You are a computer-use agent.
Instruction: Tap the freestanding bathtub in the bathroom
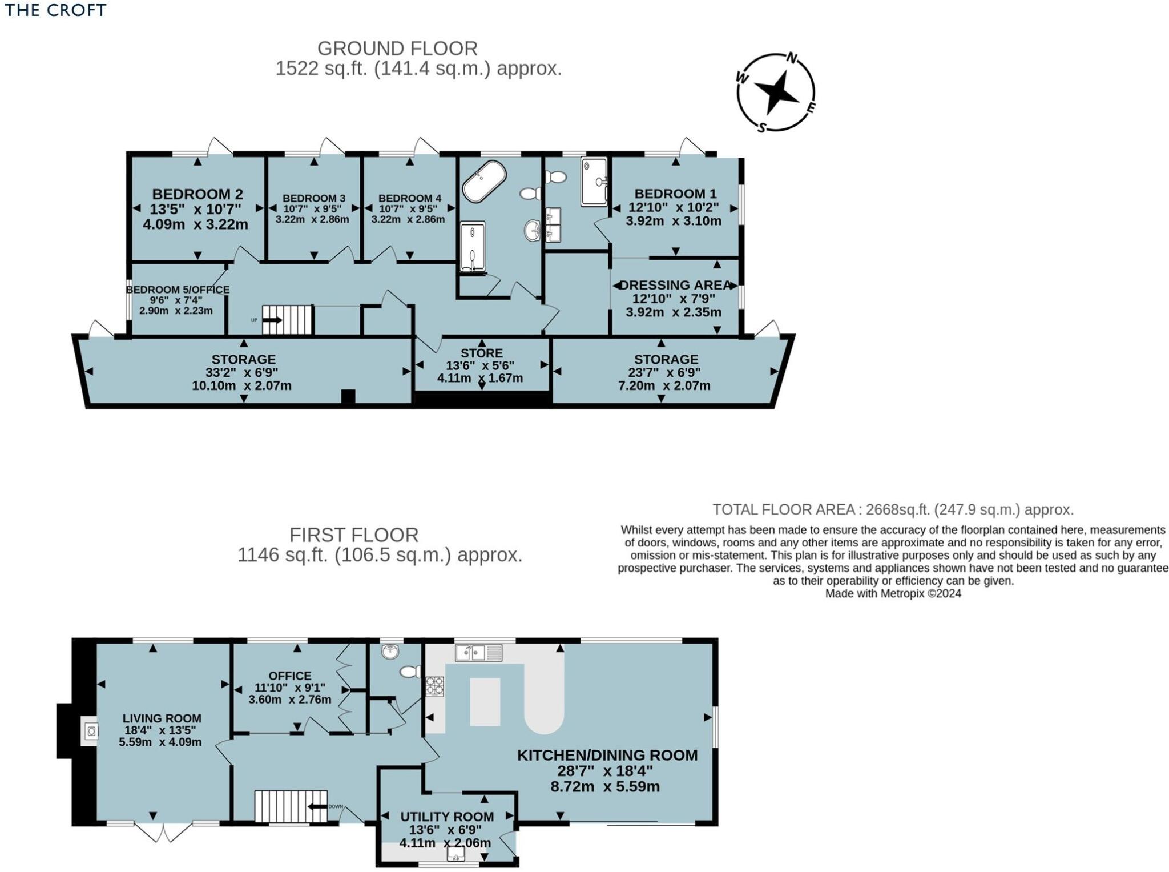[484, 181]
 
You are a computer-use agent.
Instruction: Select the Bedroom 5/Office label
[178, 290]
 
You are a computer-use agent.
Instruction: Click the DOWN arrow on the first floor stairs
[319, 806]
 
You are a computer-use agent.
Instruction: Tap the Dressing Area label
[675, 285]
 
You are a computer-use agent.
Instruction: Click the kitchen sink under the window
[479, 652]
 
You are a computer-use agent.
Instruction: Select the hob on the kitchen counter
[434, 686]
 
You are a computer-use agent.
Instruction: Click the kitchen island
[485, 701]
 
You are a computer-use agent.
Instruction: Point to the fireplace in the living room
[90, 730]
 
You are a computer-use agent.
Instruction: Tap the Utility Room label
[447, 817]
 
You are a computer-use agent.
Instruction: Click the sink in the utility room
[455, 853]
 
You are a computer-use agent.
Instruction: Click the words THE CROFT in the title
[55, 10]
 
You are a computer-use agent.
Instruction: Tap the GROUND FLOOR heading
[397, 48]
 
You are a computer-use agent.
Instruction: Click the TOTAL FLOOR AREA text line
[893, 509]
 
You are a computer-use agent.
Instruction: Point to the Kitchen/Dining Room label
[607, 755]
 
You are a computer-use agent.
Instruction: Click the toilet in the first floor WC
[410, 672]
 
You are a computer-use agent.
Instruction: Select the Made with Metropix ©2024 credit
[893, 593]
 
